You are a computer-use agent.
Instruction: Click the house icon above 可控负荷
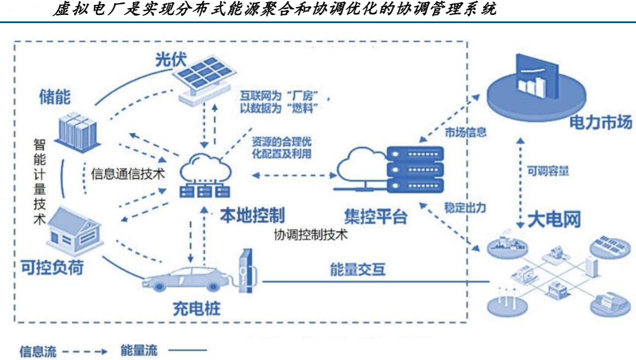pos(74,231)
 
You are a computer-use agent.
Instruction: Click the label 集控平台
pos(376,216)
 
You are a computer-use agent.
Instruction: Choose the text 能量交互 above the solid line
pos(358,269)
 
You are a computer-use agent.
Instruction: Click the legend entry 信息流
pos(38,351)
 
